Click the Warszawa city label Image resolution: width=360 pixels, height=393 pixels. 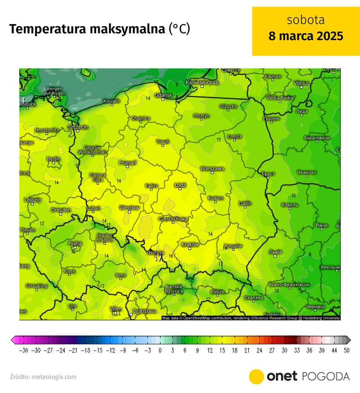pyautogui.click(x=212, y=168)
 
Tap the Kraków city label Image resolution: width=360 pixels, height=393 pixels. pyautogui.click(x=190, y=245)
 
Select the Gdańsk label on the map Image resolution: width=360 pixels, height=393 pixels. pyautogui.click(x=164, y=95)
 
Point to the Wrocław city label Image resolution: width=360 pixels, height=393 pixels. pyautogui.click(x=129, y=208)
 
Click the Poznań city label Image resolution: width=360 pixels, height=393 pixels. pyautogui.click(x=127, y=162)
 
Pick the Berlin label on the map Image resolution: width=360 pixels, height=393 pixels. pyautogui.click(x=53, y=158)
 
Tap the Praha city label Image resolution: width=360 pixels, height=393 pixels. pyautogui.click(x=75, y=243)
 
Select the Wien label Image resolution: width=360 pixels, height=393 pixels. pyautogui.click(x=116, y=309)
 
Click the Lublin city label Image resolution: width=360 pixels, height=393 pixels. pyautogui.click(x=245, y=203)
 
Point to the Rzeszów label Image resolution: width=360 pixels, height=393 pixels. pyautogui.click(x=233, y=246)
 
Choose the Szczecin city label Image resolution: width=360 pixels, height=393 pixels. pyautogui.click(x=77, y=126)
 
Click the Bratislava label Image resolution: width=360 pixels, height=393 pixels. pyautogui.click(x=144, y=311)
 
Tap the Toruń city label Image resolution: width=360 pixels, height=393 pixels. pyautogui.click(x=163, y=141)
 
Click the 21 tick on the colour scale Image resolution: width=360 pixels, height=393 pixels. pyautogui.click(x=247, y=351)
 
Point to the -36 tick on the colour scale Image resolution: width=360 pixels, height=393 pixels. pyautogui.click(x=23, y=351)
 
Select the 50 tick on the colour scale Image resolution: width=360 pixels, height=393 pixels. pyautogui.click(x=346, y=351)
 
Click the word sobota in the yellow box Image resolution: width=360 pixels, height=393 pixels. pyautogui.click(x=306, y=21)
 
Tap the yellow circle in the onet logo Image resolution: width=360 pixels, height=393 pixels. pyautogui.click(x=257, y=377)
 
